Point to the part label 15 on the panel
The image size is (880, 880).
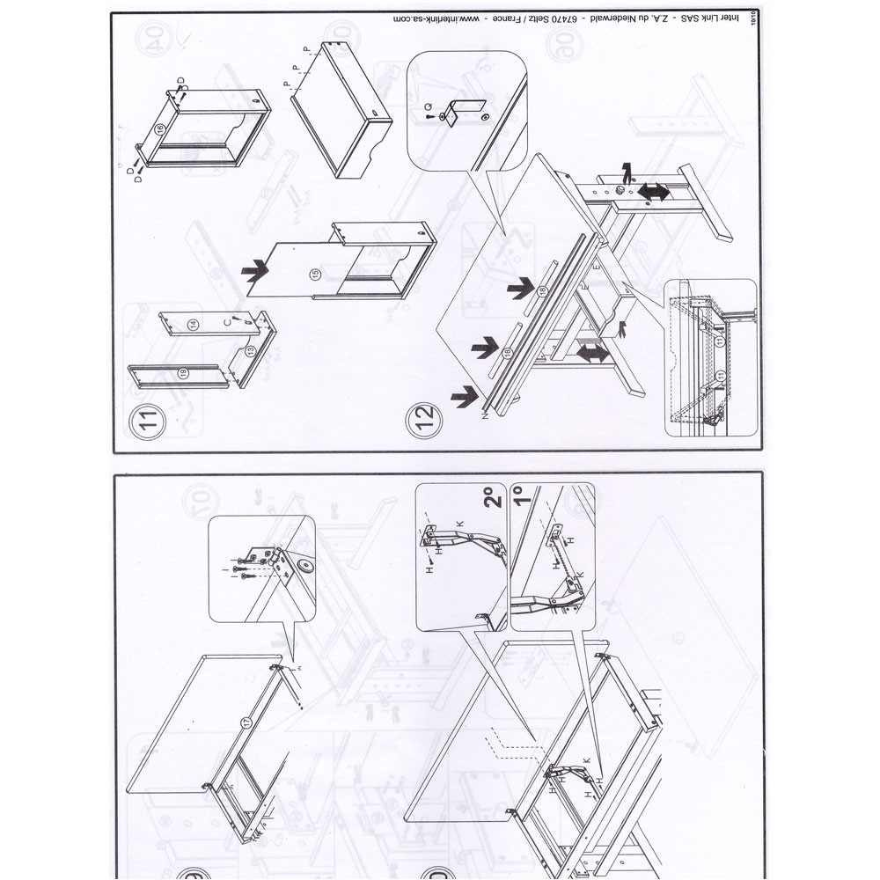coord(315,275)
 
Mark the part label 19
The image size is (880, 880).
coord(183,373)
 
